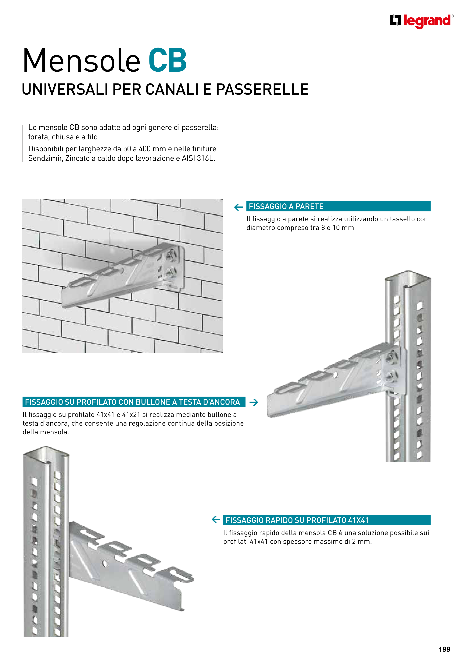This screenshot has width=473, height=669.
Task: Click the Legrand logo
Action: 422,21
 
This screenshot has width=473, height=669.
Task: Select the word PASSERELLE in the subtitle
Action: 262,89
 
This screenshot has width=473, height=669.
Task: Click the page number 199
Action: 444,649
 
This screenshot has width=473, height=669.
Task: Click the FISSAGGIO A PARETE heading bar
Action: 338,206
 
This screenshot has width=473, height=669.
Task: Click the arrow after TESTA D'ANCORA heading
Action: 254,402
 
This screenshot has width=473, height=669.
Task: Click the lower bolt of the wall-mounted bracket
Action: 170,272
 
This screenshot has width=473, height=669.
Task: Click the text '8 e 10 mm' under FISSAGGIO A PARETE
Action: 338,227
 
